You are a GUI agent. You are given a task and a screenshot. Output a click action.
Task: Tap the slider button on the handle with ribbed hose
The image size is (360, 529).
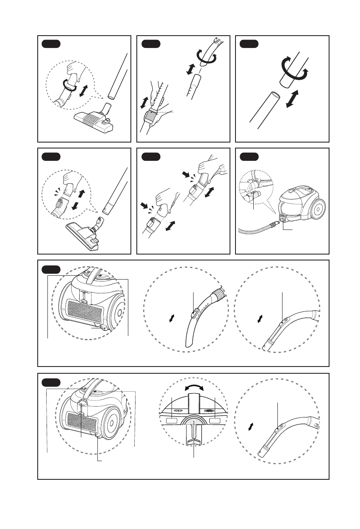tap(194, 313)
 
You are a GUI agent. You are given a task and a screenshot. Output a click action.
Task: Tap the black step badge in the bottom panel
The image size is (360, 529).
tap(51, 382)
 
